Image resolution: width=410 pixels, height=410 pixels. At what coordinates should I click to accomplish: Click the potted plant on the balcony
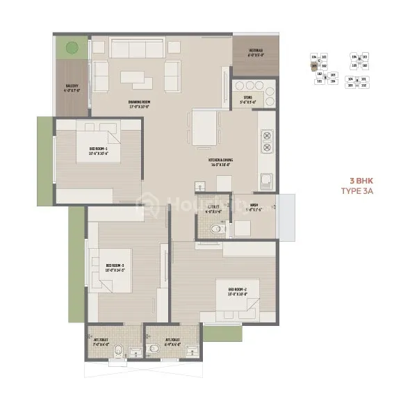click(71, 49)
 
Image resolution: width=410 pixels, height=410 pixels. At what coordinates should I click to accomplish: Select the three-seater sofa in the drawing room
click(133, 49)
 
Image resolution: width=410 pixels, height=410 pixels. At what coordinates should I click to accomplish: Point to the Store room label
click(248, 101)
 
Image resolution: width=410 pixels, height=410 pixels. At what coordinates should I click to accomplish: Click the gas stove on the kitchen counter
click(265, 142)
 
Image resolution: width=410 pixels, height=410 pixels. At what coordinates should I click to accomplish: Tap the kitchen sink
click(267, 182)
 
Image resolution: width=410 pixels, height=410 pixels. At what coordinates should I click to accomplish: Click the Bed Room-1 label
click(98, 150)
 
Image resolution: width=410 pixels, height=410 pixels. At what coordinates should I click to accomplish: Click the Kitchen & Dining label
click(221, 161)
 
